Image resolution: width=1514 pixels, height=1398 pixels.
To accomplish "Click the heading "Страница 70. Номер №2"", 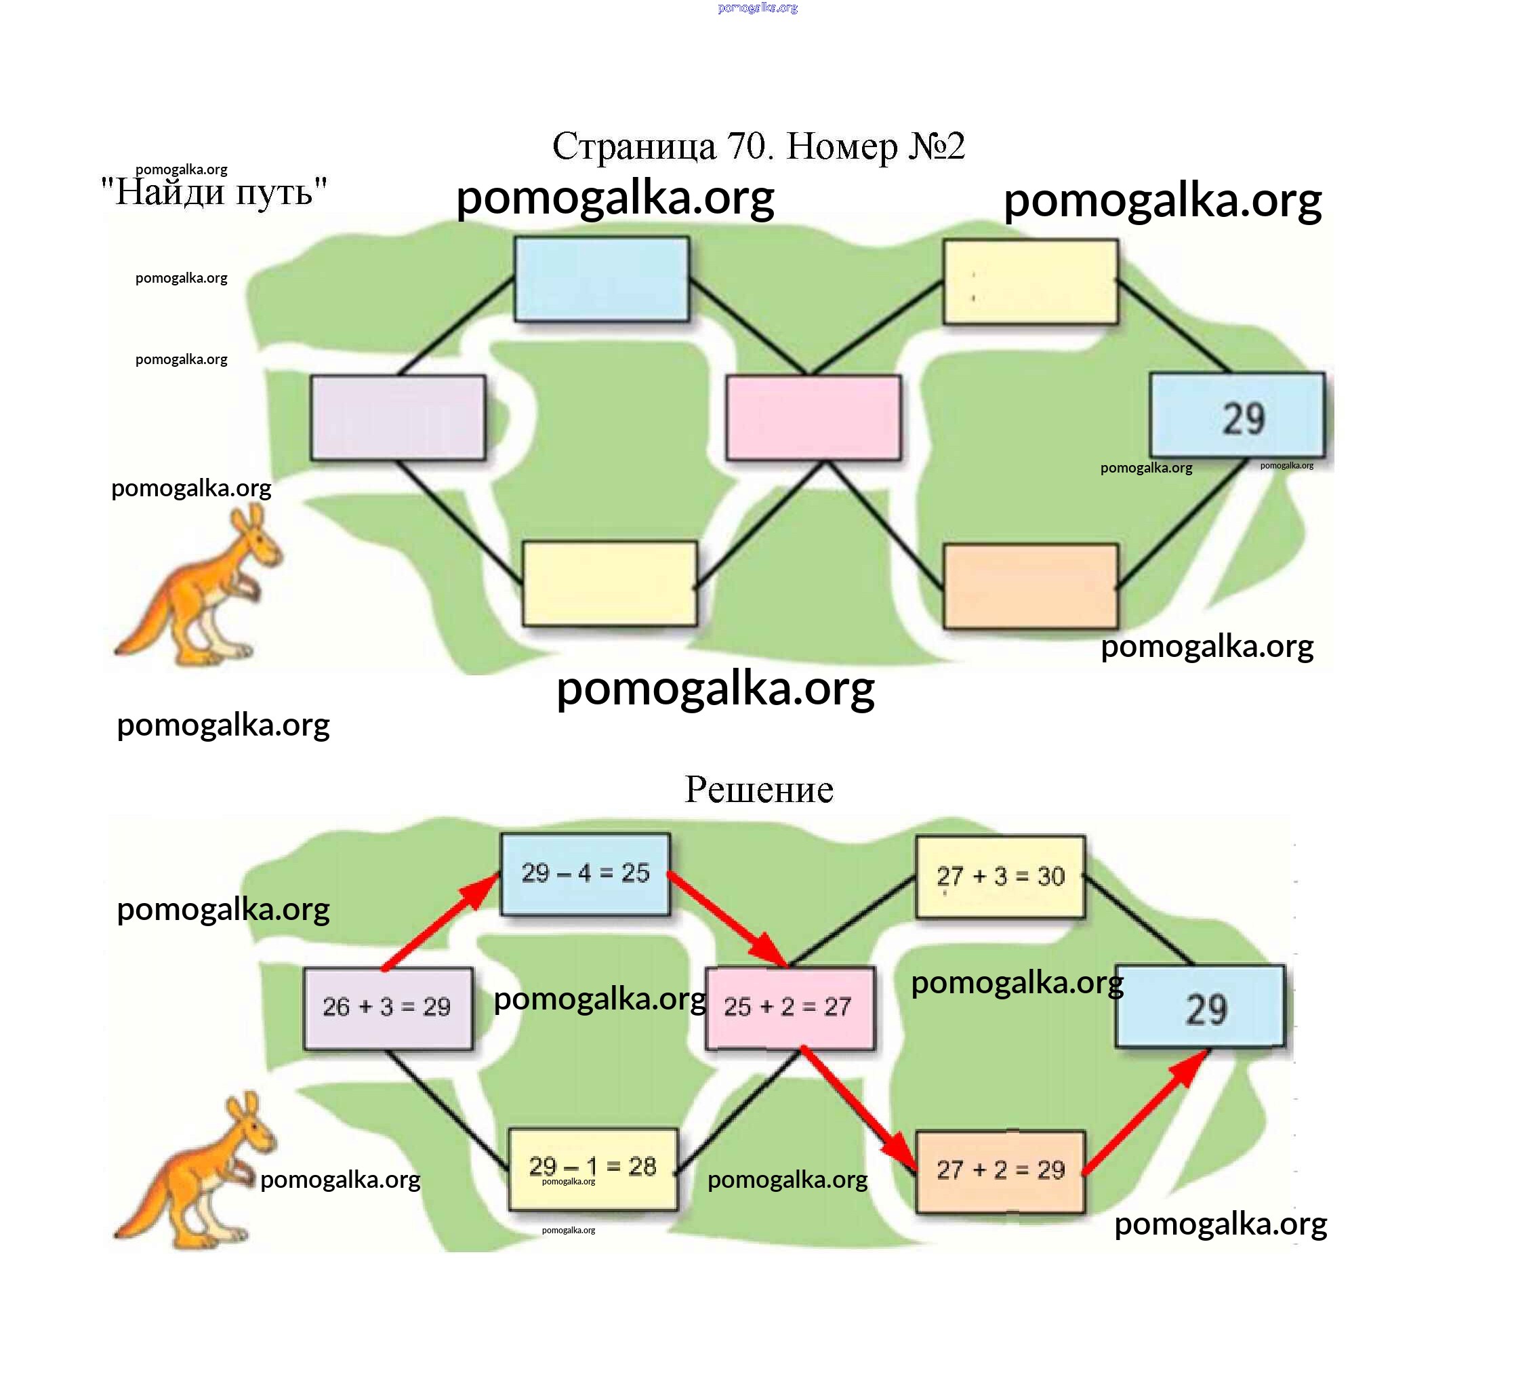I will pos(758,145).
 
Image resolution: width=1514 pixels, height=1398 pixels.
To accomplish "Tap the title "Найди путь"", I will pos(214,191).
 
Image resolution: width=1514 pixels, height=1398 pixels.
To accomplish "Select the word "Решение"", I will pos(758,789).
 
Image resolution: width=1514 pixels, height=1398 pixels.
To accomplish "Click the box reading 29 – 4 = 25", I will pos(586,874).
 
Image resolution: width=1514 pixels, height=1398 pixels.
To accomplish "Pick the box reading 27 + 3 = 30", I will pos(1000,876).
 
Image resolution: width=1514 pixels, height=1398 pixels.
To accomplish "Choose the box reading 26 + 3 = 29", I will pos(387,1007).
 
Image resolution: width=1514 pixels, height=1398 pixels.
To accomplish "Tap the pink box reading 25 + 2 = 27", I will pos(789,1007).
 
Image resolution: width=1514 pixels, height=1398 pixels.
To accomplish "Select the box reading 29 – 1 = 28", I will pos(592,1167).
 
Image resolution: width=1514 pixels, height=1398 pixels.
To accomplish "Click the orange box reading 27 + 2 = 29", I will pos(1000,1170).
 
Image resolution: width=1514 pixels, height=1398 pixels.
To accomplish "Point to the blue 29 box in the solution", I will pos(1200,1006).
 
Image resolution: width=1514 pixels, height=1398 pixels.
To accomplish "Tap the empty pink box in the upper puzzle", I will pos(813,417).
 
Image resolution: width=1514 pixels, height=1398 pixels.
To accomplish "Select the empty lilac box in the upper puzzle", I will pos(398,417).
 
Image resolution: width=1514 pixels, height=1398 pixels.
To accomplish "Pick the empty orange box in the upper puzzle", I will pos(1030,586).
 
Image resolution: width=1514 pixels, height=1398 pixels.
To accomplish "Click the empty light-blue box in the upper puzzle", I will pos(601,279).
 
